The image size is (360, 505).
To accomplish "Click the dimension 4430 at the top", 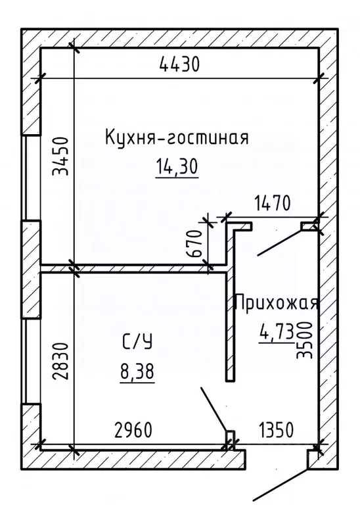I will [x=179, y=65].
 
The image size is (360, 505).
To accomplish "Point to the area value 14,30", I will [x=176, y=168].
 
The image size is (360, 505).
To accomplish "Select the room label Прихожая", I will [x=276, y=303].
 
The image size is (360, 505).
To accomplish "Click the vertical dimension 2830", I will [x=60, y=363].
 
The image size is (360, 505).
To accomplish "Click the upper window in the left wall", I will [x=30, y=178].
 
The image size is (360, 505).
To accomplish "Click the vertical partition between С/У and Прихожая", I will [x=229, y=316].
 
